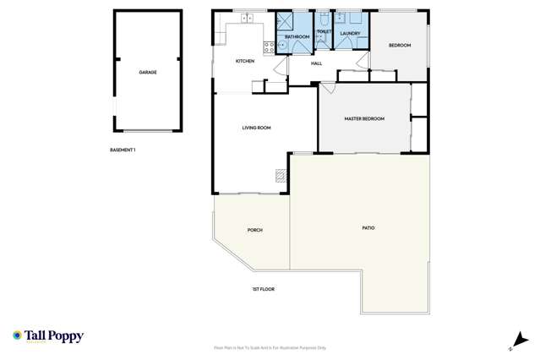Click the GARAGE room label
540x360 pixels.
tap(148, 73)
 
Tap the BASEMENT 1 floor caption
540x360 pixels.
tap(123, 150)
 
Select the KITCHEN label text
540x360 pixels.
tap(244, 62)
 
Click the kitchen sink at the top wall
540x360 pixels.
tap(248, 18)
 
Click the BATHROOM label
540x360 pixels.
tap(297, 37)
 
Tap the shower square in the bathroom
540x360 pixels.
tap(284, 22)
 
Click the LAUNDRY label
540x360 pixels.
tap(350, 34)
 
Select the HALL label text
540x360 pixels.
tap(317, 63)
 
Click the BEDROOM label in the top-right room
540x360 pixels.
tap(399, 46)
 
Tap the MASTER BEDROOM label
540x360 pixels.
tap(364, 119)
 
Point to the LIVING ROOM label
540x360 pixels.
tap(256, 128)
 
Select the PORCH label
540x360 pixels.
tap(254, 230)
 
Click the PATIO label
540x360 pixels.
tap(368, 228)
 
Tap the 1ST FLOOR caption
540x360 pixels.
tap(263, 289)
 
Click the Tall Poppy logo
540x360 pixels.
tap(48, 336)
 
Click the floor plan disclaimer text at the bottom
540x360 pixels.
tap(270, 348)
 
